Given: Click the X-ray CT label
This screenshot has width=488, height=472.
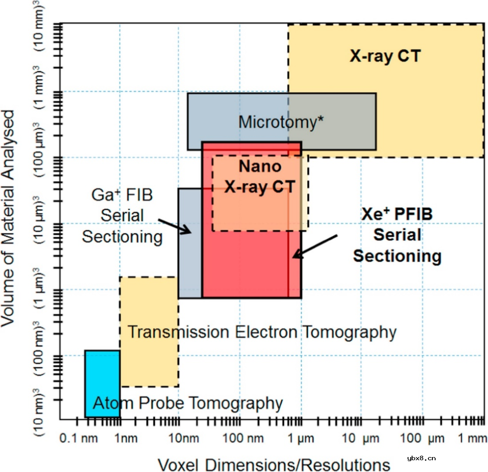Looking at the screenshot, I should click(x=385, y=56).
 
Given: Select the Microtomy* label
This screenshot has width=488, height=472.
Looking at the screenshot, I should click(x=281, y=122).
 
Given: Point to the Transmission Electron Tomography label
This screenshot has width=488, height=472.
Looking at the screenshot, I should click(x=262, y=332).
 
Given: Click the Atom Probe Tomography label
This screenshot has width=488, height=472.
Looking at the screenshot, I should click(x=188, y=402).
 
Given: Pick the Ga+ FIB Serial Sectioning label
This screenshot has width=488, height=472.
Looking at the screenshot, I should click(x=122, y=216).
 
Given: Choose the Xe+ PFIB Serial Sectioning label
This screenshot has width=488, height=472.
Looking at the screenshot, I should click(x=397, y=235).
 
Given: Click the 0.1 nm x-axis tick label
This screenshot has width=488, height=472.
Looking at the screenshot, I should click(x=72, y=439).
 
